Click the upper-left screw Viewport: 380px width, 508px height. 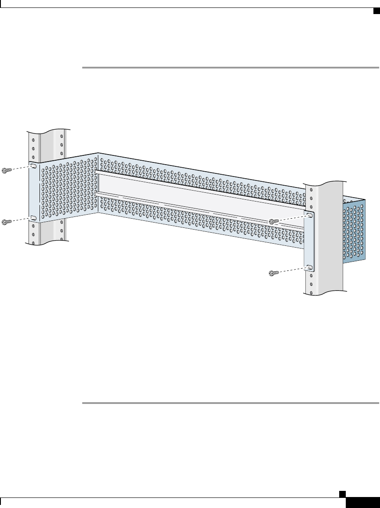click(6, 170)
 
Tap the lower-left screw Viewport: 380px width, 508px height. click(6, 222)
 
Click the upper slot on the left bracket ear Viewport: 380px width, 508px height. click(33, 166)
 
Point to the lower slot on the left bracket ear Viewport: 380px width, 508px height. click(33, 217)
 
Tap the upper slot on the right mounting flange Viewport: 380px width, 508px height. click(309, 216)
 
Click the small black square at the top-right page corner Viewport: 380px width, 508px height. click(376, 11)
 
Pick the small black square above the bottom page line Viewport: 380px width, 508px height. click(345, 494)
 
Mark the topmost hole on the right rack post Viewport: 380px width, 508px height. click(311, 190)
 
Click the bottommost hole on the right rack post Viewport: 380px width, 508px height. click(311, 290)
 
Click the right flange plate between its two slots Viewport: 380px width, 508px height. click(309, 241)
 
